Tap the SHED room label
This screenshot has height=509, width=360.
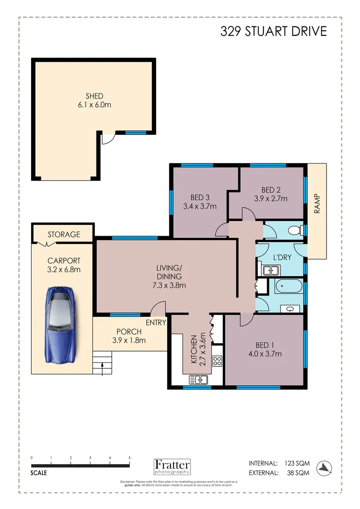[x=94, y=96]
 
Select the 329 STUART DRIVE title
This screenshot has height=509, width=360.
[x=273, y=32]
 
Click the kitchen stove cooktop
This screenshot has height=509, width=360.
[x=217, y=361]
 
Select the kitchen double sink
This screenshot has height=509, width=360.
[x=199, y=379]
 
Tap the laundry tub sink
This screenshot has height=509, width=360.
[x=269, y=270]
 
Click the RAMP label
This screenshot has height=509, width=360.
[x=317, y=204]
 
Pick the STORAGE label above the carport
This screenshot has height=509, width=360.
[x=64, y=234]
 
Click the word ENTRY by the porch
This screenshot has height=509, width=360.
[x=155, y=323]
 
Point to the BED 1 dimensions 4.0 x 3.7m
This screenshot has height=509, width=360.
[x=264, y=354]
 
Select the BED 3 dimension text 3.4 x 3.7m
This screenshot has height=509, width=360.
[x=199, y=206]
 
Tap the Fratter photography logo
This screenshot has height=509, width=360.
[x=172, y=466]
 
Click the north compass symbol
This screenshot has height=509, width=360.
[x=325, y=466]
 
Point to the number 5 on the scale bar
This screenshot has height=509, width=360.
[x=130, y=458]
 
